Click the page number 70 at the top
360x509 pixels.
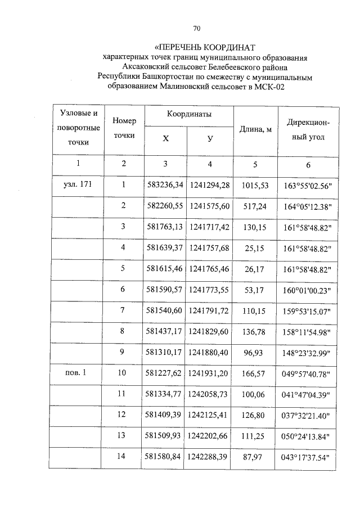point(197,28)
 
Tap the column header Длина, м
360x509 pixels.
point(256,130)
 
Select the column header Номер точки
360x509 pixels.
point(124,129)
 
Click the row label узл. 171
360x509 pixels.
point(78,184)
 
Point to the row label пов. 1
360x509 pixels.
point(78,373)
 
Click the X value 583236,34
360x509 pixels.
point(165,184)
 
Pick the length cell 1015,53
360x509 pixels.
point(255,184)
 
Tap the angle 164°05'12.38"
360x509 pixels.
point(307,206)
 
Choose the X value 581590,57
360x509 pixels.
point(165,290)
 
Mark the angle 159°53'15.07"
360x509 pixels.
point(307,310)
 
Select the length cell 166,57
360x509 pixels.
point(255,373)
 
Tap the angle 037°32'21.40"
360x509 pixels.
point(307,416)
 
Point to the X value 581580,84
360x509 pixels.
point(165,457)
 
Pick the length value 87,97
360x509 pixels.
point(255,457)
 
